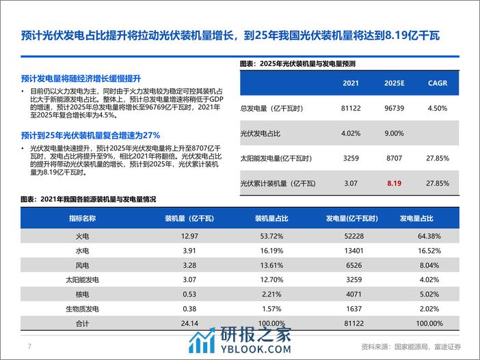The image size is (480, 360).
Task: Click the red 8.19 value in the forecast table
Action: tap(393, 183)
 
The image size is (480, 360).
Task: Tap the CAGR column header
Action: tap(437, 83)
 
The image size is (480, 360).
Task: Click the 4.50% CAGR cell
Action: tap(437, 108)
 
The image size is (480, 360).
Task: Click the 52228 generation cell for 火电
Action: tap(349, 236)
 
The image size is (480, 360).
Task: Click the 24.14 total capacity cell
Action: tap(176, 324)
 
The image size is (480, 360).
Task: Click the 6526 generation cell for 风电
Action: tap(349, 265)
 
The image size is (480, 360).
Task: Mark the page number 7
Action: tap(29, 346)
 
